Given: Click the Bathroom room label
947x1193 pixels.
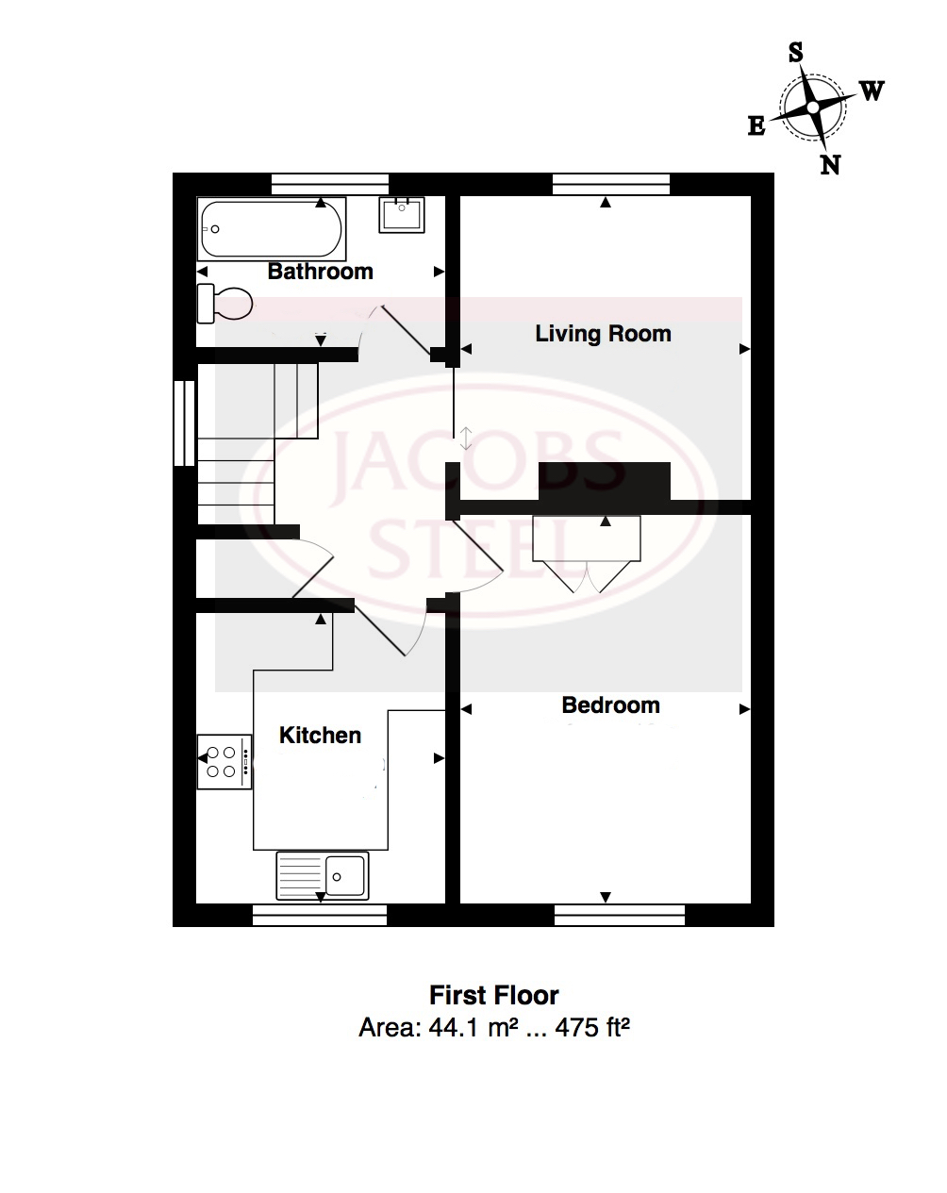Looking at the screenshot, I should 320,272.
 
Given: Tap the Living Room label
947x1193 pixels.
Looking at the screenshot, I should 603,334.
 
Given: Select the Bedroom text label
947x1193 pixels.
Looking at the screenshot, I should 610,705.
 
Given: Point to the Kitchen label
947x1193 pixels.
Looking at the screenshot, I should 320,736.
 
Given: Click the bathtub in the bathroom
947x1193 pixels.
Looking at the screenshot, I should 271,228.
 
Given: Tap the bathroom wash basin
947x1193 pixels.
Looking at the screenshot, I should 403,214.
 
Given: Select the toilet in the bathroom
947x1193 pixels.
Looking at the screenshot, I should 224,303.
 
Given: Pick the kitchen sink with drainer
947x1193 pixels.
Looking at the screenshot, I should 323,875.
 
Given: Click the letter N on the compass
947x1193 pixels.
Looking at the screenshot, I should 830,165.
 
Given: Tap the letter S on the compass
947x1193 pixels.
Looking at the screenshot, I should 796,53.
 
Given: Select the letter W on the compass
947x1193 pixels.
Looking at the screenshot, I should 872,91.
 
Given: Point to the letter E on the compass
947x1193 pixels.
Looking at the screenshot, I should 756,126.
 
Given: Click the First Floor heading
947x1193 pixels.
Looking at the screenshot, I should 494,995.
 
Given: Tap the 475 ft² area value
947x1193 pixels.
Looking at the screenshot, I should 592,1027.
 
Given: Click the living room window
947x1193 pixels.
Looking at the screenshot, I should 611,184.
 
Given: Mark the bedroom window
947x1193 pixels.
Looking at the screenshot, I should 620,914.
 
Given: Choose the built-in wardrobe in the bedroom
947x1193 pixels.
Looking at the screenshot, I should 587,552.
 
